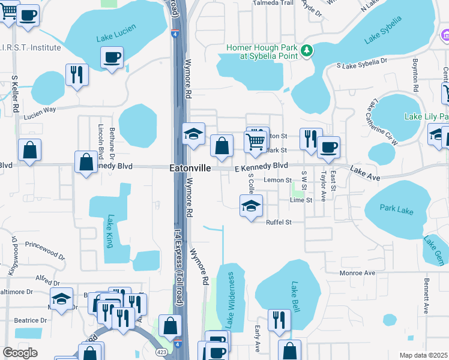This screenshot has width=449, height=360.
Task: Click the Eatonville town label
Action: (x=190, y=169)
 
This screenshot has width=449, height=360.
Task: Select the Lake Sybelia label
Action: (x=387, y=35)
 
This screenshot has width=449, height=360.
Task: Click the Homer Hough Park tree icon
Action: (x=307, y=50)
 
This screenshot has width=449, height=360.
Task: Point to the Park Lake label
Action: (x=397, y=208)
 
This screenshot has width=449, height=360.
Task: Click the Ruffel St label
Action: (x=279, y=222)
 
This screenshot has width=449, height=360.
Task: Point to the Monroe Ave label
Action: (x=357, y=273)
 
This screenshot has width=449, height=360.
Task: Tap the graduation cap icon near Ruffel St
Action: (x=252, y=206)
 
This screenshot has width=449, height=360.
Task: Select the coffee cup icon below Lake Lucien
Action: (x=112, y=58)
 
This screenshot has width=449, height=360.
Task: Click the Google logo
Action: (x=20, y=352)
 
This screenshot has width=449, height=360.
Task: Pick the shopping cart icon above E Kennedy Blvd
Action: (x=255, y=142)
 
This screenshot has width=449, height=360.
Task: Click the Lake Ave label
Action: (x=366, y=173)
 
